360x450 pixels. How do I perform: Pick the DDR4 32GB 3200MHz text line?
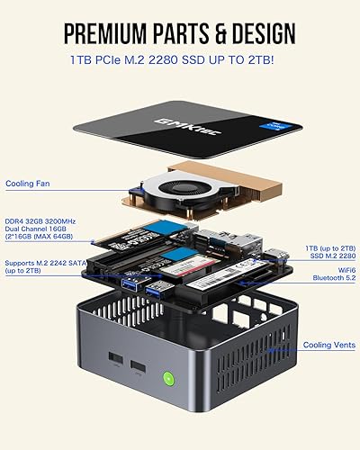44,219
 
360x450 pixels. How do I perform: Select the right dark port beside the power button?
139,368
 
